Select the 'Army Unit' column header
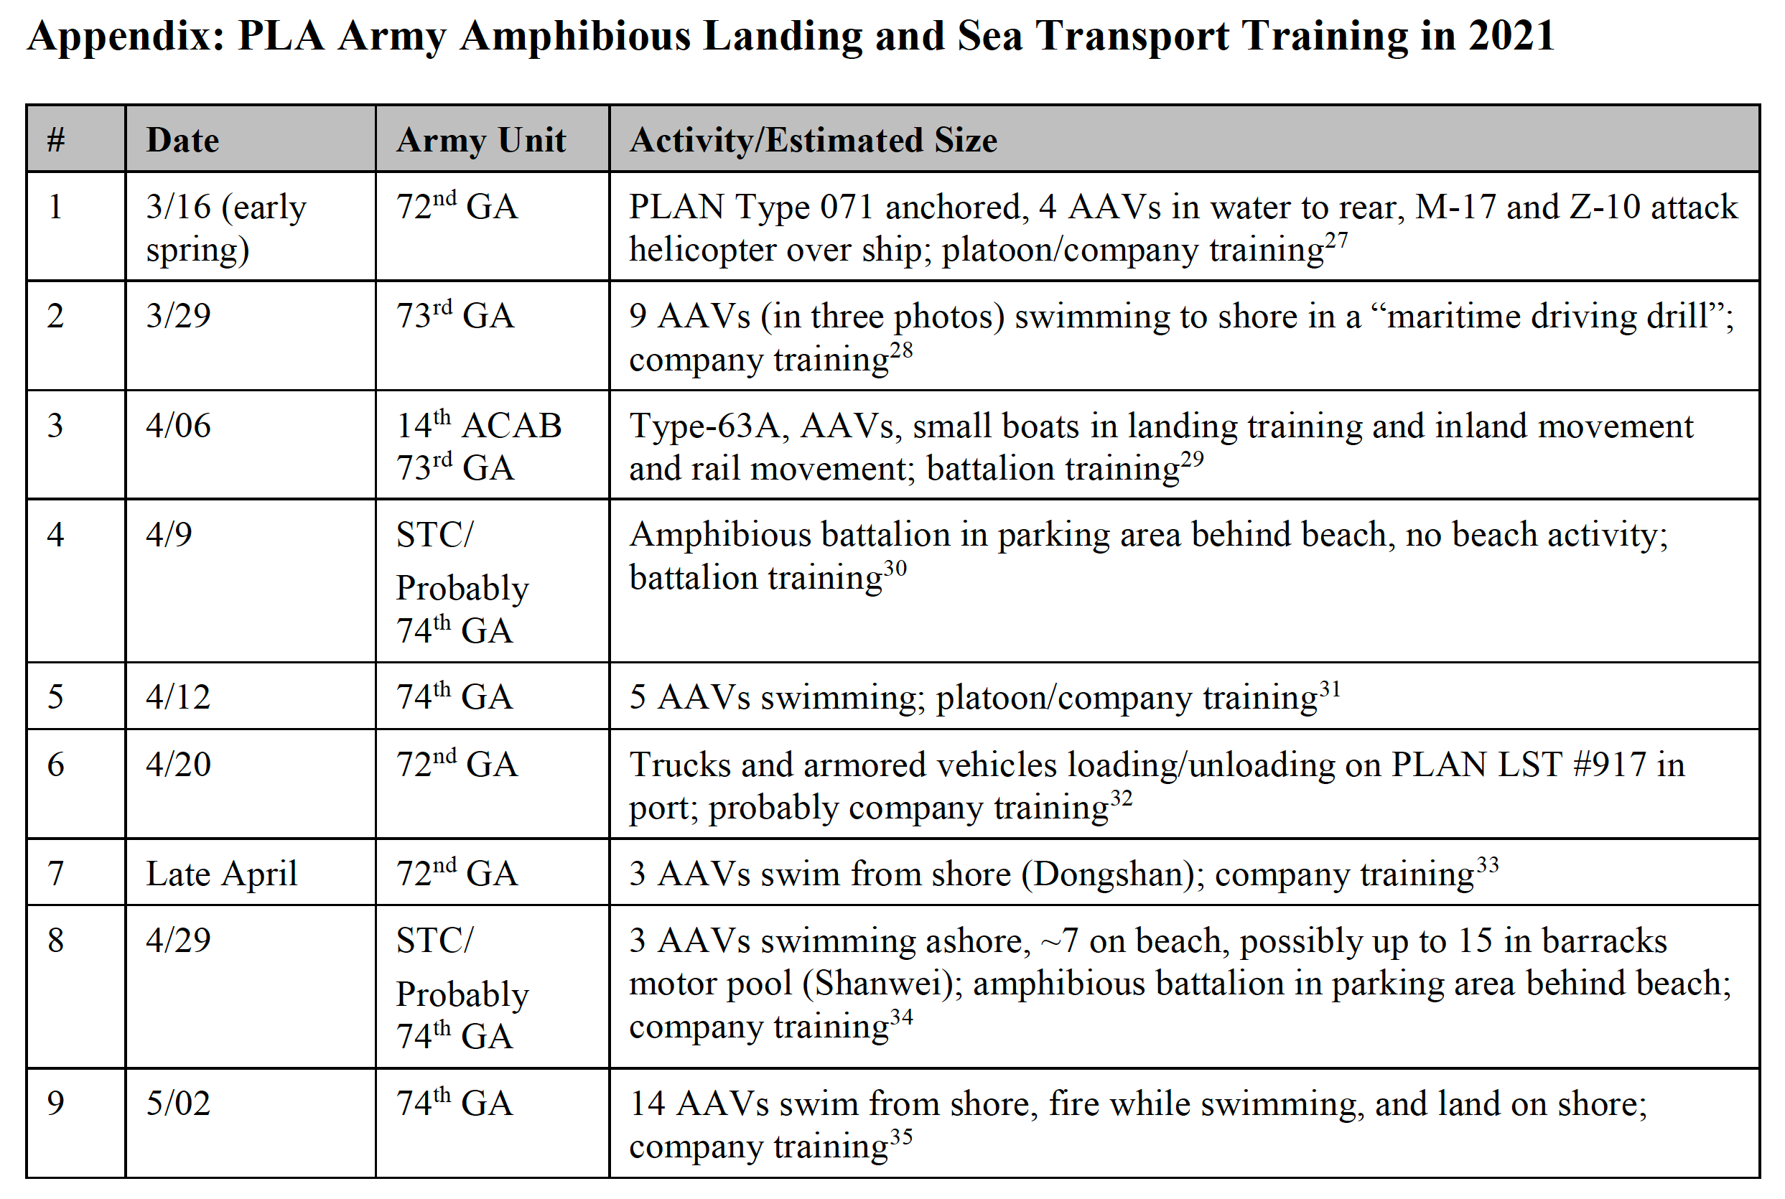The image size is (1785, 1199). (480, 140)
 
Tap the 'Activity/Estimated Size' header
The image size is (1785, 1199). (813, 140)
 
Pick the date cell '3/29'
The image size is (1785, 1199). (177, 316)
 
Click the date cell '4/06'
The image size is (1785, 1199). (177, 425)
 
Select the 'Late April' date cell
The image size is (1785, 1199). (221, 873)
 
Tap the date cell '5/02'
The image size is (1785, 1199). (177, 1103)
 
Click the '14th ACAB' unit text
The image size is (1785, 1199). (478, 425)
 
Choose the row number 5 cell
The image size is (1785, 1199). (56, 696)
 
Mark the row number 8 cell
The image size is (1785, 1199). (56, 940)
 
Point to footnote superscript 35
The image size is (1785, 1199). (902, 1137)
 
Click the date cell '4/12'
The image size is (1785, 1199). (177, 696)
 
